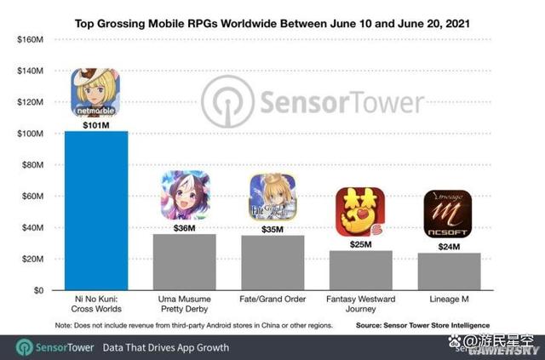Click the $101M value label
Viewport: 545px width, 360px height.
point(96,123)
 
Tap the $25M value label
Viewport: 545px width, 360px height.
point(360,244)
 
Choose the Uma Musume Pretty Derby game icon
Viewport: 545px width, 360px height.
point(185,195)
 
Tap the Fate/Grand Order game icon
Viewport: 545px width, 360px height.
point(272,197)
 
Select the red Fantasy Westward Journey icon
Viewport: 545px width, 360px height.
point(360,212)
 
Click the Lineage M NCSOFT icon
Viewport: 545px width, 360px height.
point(448,214)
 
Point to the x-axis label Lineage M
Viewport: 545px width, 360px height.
point(449,301)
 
